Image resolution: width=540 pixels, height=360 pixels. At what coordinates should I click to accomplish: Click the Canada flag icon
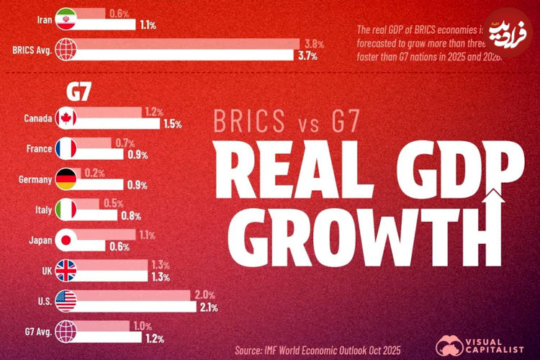click(x=66, y=118)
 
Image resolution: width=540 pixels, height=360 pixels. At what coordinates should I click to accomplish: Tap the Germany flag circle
click(x=66, y=179)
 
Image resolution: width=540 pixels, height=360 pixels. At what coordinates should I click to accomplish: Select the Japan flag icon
click(x=66, y=240)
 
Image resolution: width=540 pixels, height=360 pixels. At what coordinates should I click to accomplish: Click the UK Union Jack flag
click(x=66, y=271)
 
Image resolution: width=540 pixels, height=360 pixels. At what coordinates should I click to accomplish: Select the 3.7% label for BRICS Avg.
click(x=307, y=55)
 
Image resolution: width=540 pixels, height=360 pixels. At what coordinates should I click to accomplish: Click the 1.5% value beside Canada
click(x=171, y=124)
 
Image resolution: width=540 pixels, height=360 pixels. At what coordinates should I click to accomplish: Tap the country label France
click(x=38, y=149)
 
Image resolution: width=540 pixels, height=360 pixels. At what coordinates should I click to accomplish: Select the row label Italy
click(x=43, y=210)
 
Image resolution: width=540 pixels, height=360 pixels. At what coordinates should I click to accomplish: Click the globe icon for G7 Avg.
click(x=66, y=332)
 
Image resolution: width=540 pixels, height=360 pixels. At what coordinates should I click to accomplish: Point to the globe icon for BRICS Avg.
click(x=66, y=50)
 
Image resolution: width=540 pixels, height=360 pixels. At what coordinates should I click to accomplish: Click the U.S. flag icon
click(x=66, y=302)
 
